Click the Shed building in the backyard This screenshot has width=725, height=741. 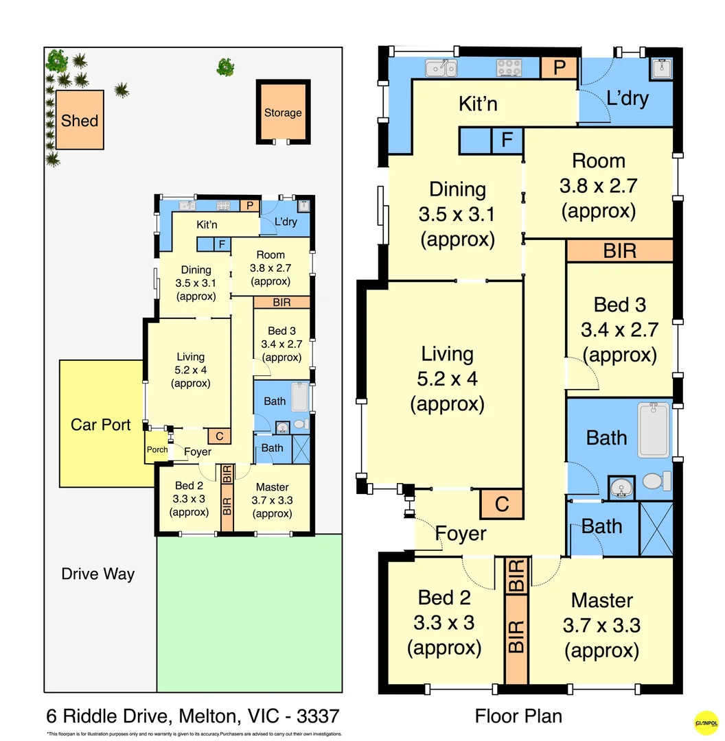[80, 120]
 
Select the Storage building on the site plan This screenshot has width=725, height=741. [283, 113]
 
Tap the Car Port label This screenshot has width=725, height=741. [100, 425]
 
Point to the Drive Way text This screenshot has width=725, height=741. [98, 574]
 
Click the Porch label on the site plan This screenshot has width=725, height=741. [157, 450]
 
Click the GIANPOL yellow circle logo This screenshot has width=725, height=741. [706, 722]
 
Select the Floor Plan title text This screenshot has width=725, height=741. [518, 716]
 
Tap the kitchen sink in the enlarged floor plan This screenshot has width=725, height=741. [441, 67]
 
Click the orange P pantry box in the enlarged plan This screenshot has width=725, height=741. [559, 68]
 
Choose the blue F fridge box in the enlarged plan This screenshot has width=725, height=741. [507, 140]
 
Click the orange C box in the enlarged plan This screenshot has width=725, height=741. [502, 504]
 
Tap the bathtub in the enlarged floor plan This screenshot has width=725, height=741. [654, 430]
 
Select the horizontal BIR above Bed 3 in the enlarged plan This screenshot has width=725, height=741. [619, 250]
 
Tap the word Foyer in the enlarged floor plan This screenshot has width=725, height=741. [461, 533]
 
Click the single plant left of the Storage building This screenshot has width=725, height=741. [225, 67]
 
